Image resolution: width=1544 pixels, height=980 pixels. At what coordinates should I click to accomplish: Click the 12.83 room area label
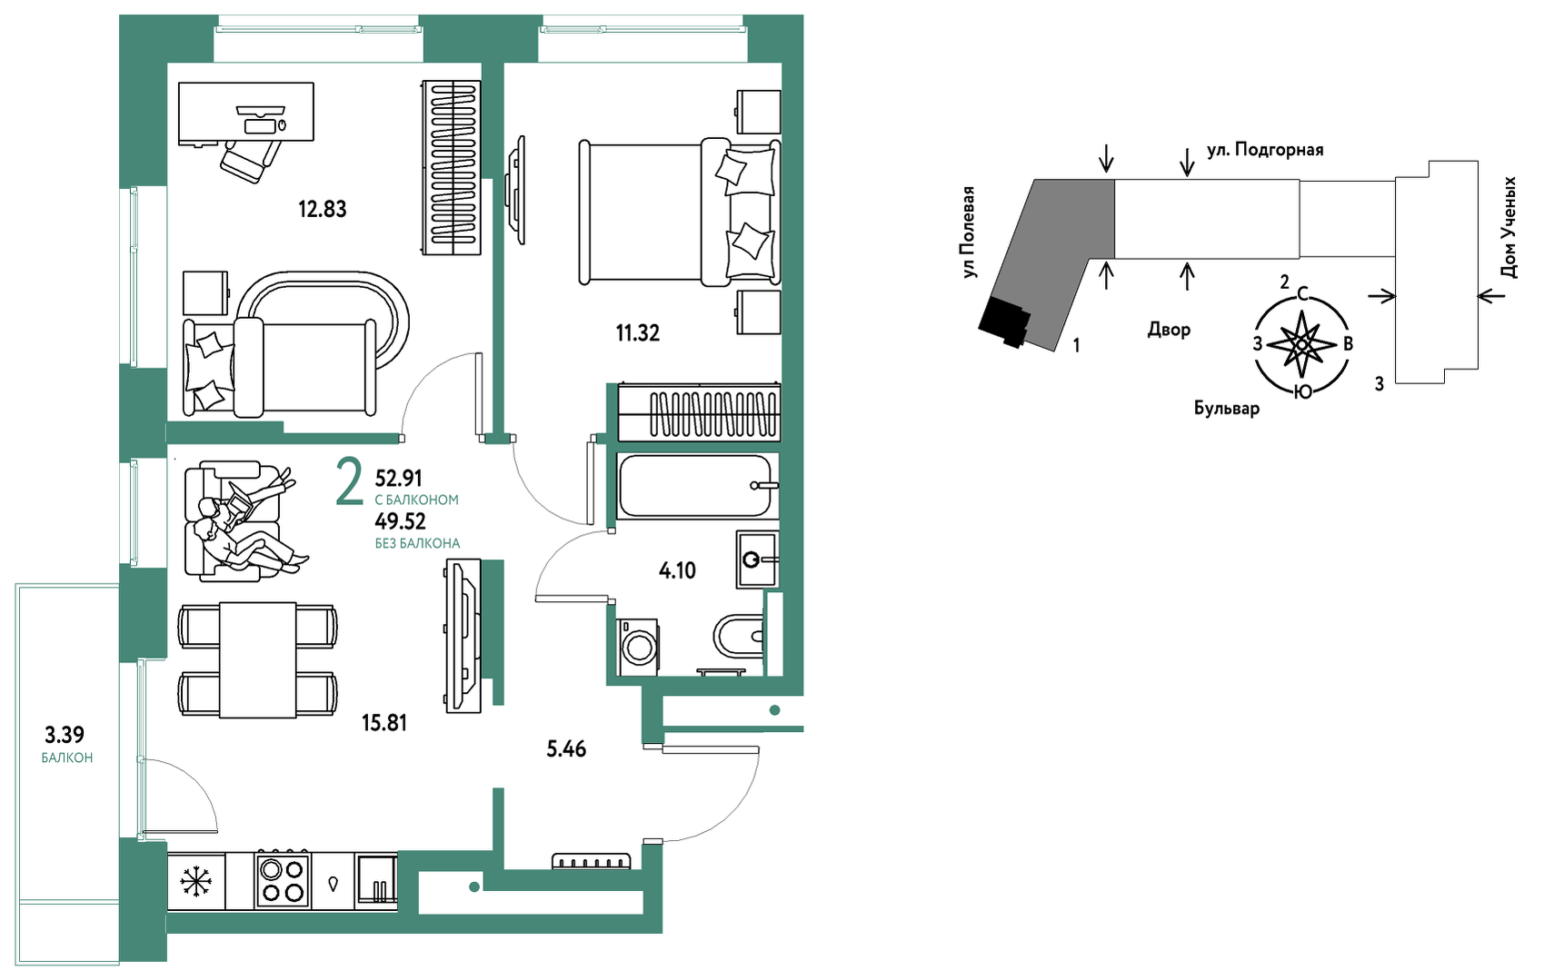tap(322, 209)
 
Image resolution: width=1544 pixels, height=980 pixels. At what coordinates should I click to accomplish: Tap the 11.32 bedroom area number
tap(638, 333)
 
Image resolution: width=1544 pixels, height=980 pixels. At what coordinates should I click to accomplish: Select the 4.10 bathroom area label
tap(677, 570)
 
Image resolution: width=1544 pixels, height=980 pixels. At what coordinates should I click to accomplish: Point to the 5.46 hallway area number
tap(566, 748)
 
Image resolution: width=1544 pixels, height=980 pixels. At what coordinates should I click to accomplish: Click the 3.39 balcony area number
tap(65, 735)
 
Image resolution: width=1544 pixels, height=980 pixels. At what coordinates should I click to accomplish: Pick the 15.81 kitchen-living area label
tap(384, 722)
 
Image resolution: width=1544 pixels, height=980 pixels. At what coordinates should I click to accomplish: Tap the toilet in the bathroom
tap(738, 636)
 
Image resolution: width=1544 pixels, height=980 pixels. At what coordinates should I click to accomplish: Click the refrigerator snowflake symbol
tap(196, 882)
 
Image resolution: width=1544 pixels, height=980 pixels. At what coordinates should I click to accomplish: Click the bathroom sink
tap(757, 559)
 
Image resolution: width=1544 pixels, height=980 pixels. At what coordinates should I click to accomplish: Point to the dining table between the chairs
tap(258, 659)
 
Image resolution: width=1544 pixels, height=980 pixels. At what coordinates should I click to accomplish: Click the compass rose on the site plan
tap(1300, 343)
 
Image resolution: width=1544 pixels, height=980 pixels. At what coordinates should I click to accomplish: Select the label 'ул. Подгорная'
tap(1265, 150)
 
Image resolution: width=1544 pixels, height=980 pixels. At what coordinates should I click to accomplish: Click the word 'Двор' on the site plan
tap(1169, 330)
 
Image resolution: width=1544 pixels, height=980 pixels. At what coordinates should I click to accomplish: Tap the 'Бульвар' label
tap(1227, 409)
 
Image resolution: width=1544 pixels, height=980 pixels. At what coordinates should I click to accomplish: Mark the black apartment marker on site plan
tap(1003, 322)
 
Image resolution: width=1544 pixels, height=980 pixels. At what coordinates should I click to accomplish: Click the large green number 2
tap(350, 482)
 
